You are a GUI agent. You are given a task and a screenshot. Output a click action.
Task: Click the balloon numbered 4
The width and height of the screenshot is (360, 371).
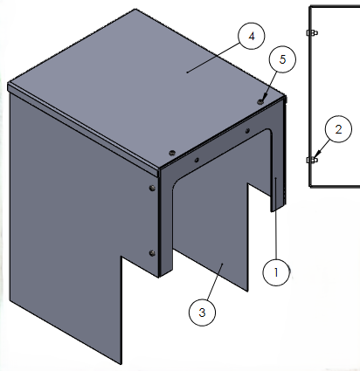coord(252,36)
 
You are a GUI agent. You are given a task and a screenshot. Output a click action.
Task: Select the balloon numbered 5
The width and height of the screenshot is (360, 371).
coord(282,59)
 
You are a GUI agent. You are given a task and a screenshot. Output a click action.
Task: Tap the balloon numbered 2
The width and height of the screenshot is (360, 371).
coord(338,129)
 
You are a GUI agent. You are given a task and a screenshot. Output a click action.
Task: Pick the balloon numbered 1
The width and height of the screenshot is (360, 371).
coord(276,272)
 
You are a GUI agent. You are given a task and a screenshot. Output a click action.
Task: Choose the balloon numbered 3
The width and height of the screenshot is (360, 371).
coord(202,313)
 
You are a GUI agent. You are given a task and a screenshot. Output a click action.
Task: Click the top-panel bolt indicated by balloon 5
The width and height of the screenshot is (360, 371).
coord(260,101)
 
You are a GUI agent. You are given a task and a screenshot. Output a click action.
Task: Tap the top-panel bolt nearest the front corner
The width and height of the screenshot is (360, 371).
coord(172,153)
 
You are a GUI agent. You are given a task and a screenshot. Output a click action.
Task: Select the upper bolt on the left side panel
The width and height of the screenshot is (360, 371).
coord(152,189)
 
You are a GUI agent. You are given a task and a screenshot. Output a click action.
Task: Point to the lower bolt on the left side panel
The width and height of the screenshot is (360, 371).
coord(152,253)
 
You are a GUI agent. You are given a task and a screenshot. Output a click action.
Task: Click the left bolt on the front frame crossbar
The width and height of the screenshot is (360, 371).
coord(197,160)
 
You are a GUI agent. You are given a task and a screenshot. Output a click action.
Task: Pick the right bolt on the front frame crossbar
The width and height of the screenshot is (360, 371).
coord(247,131)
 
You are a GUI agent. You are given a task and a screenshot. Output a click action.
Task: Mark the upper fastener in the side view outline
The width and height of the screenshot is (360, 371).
coord(312,32)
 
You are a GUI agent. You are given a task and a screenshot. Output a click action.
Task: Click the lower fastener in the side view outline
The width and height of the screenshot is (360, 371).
coord(312,160)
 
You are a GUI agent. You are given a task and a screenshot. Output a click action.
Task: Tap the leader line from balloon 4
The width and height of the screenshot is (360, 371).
coord(213,58)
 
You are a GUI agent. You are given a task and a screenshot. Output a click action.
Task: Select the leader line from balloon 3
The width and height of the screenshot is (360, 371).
coord(216,281)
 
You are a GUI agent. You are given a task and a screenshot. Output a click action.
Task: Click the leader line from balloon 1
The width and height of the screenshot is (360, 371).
coord(275,218)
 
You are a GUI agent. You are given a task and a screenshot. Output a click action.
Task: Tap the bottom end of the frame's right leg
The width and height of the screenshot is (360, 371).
coord(278,208)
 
